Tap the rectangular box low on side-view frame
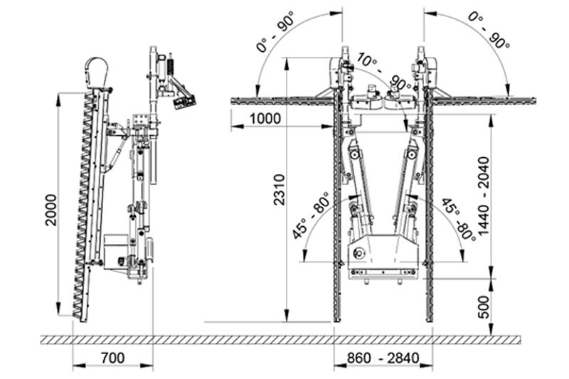coord(114,249)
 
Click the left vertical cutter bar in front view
coord(336,213)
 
